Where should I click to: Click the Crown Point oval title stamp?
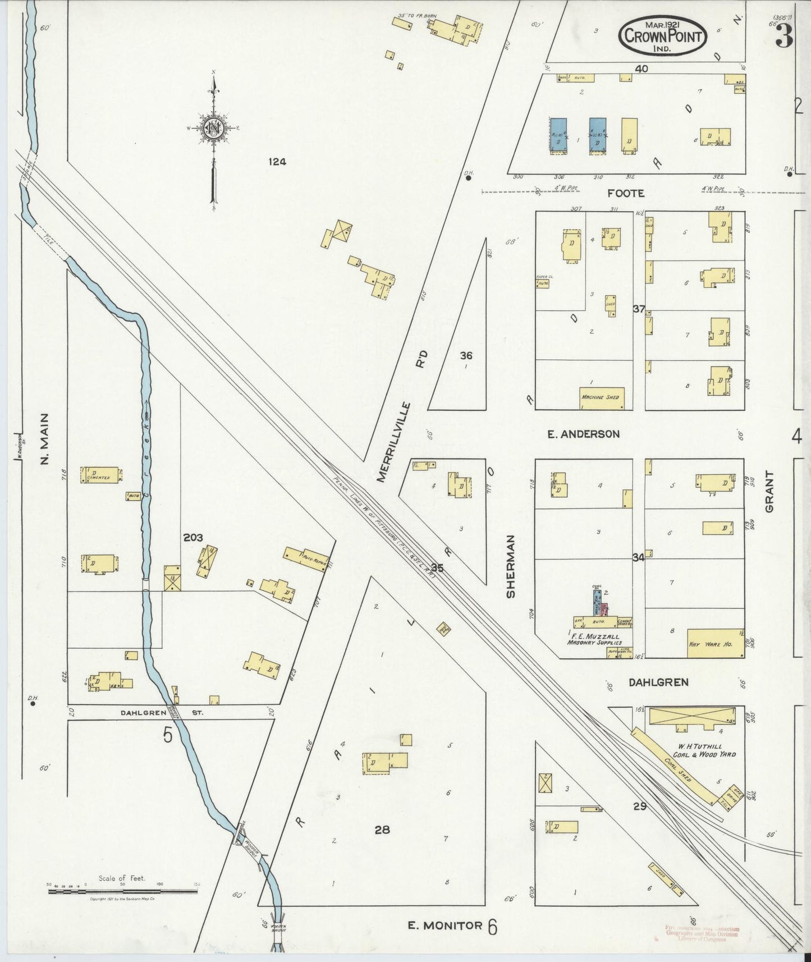coord(663,35)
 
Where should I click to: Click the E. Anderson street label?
coord(583,434)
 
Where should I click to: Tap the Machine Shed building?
coord(602,397)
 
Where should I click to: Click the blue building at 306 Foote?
coord(558,135)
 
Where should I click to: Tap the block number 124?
coord(277,162)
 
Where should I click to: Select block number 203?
coord(193,537)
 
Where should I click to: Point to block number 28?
coord(382,829)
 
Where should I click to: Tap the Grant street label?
coord(769,491)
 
